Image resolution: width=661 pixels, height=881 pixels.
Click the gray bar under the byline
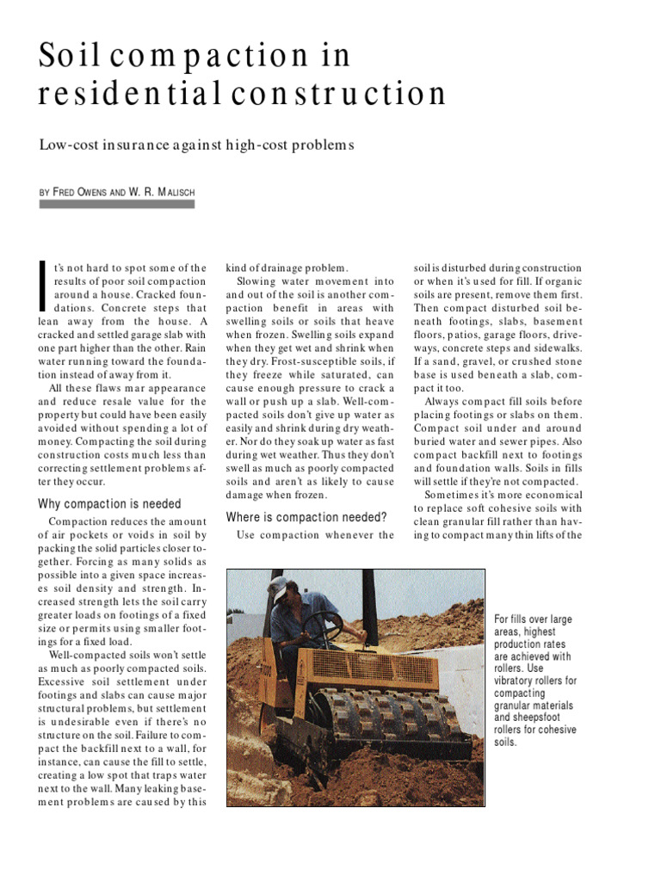tap(117, 205)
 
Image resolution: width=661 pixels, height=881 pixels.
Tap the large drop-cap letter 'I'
tap(44, 286)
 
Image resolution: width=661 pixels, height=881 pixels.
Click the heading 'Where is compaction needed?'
tap(306, 517)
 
